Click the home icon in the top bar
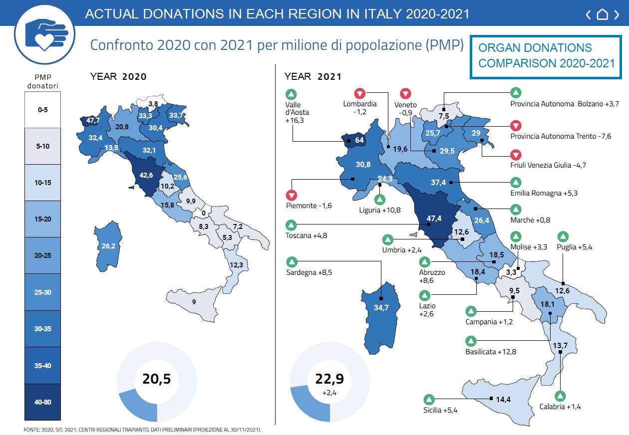[603, 14]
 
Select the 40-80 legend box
[42, 402]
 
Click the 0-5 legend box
[42, 109]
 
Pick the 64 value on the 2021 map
[359, 140]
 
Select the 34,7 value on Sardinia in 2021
[381, 307]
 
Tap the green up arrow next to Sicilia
[429, 400]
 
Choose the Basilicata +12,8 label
[491, 352]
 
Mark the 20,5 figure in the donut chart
[157, 379]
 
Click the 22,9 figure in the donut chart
[329, 379]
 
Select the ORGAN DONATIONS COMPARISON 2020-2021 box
[547, 55]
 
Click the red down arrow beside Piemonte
[292, 195]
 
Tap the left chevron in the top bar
[589, 14]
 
